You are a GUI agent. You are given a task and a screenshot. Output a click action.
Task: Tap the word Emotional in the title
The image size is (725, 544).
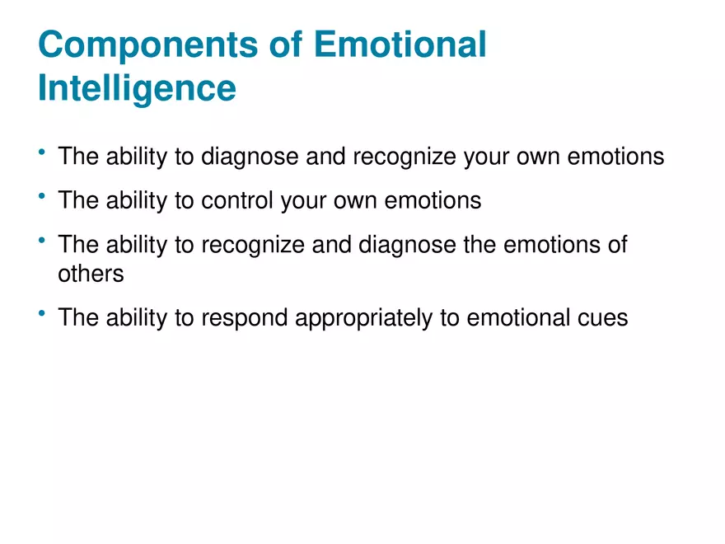tap(400, 44)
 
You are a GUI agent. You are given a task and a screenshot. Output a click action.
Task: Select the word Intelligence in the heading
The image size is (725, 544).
tap(137, 89)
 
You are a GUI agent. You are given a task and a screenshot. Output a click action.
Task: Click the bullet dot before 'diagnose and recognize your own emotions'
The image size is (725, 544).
tap(42, 152)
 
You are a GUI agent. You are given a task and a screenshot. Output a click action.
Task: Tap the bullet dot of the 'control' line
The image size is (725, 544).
tap(42, 195)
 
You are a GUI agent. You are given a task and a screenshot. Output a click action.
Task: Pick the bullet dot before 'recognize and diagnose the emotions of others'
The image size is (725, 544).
tap(42, 240)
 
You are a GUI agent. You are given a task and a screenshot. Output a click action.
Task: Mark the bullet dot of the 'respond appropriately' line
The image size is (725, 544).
tap(42, 313)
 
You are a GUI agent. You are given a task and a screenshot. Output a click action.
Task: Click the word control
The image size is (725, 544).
tap(237, 200)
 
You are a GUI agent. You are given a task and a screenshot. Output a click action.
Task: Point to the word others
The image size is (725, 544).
tap(91, 274)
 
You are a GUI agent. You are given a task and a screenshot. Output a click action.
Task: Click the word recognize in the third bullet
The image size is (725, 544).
tap(253, 246)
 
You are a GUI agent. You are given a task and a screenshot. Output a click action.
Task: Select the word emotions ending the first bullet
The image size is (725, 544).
tap(615, 157)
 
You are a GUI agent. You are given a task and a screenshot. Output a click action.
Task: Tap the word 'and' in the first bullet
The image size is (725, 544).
tap(325, 156)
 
